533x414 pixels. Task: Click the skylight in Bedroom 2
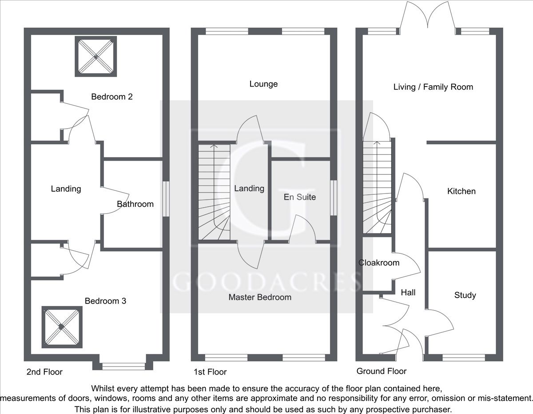click(95, 57)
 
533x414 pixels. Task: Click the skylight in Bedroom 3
click(62, 327)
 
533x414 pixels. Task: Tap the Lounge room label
click(263, 84)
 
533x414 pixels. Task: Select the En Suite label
click(300, 197)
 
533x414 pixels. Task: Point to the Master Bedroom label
click(260, 297)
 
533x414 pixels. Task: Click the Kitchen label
click(461, 191)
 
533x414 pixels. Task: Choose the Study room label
click(465, 295)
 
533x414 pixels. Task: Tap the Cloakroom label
click(379, 263)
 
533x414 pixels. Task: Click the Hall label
click(408, 292)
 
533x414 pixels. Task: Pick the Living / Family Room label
click(433, 87)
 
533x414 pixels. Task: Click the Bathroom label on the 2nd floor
click(135, 204)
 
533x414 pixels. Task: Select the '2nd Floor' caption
click(44, 372)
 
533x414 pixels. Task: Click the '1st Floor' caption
click(210, 372)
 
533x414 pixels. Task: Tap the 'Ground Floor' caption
click(382, 371)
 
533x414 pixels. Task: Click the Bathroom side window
click(166, 199)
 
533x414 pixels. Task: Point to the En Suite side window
click(334, 198)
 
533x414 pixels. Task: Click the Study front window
click(464, 358)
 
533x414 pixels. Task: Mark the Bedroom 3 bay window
click(124, 367)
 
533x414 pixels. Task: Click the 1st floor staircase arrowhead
click(215, 146)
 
